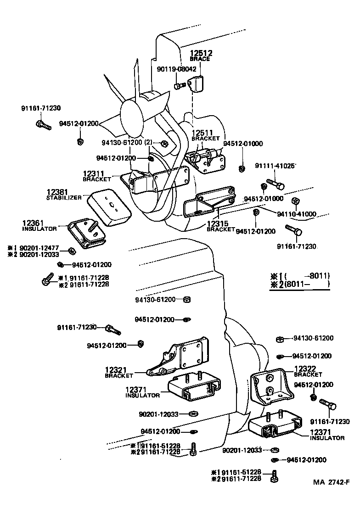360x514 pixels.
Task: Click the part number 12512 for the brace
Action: [200, 53]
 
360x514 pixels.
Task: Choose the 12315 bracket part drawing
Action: [207, 204]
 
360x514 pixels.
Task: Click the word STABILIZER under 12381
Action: [64, 198]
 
